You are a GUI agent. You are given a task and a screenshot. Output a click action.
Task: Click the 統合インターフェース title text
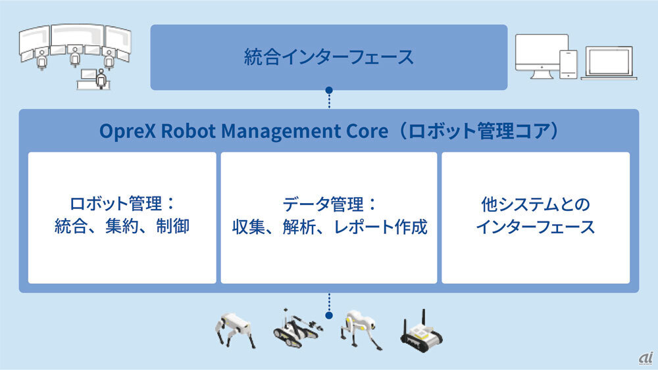tap(328, 57)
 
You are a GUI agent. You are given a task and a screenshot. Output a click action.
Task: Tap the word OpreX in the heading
tap(128, 131)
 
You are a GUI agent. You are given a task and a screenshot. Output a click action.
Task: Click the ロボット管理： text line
tap(122, 204)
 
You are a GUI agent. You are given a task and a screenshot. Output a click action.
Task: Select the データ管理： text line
tap(330, 204)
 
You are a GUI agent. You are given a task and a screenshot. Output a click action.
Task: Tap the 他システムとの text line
tap(536, 204)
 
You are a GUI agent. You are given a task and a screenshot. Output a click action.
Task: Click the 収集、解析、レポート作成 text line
tap(330, 227)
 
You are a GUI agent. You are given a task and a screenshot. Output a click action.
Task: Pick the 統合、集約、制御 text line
tap(122, 226)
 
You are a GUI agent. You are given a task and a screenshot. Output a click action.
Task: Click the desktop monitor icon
tap(542, 57)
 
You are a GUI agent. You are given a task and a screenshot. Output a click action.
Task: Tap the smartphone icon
tap(569, 64)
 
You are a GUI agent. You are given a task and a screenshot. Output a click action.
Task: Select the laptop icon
tap(609, 63)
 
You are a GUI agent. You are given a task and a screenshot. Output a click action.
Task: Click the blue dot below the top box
tap(329, 91)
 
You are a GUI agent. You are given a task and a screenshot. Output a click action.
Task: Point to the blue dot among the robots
tap(329, 315)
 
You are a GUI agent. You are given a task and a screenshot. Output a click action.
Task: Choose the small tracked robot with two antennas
tap(421, 332)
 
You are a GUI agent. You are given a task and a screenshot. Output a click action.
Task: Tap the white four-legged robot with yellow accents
tap(361, 329)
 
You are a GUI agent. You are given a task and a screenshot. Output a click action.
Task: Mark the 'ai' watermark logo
tap(646, 358)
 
